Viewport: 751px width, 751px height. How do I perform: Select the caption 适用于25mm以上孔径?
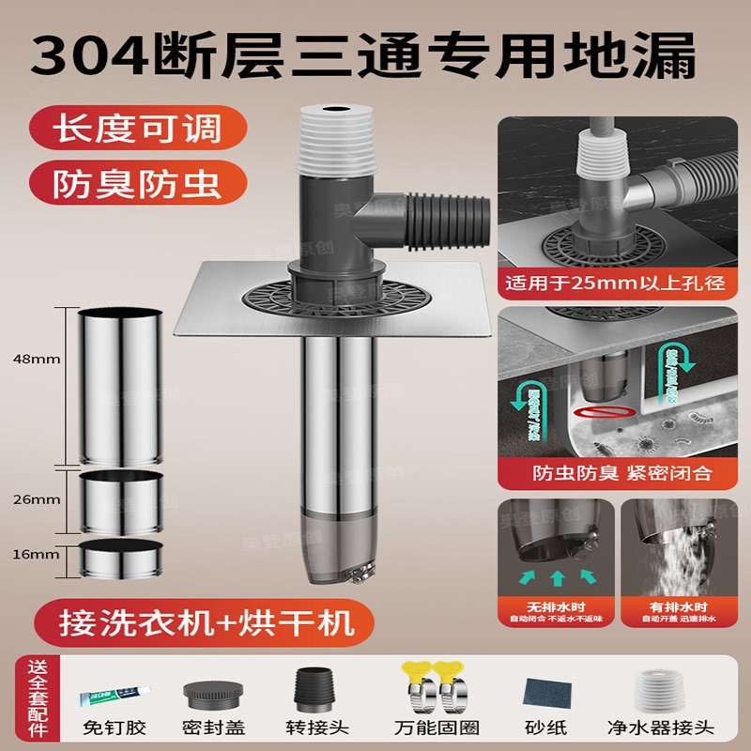[x=614, y=282]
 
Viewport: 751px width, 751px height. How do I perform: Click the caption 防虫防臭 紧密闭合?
[x=614, y=474]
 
